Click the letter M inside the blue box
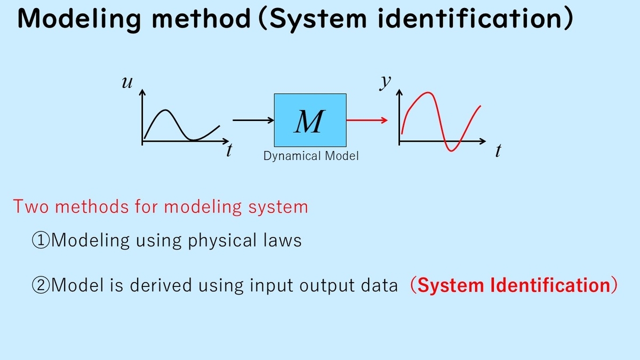(310, 122)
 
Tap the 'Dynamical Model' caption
(311, 156)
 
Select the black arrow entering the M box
(253, 121)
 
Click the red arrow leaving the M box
(367, 121)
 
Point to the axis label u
(127, 82)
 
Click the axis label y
(386, 82)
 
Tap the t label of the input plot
(229, 150)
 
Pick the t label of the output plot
(498, 150)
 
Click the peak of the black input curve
(165, 110)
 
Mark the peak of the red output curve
(428, 92)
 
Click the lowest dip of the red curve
(451, 150)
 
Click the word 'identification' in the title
(470, 18)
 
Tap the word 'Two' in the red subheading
(31, 206)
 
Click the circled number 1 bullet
(41, 241)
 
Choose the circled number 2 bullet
(41, 285)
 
